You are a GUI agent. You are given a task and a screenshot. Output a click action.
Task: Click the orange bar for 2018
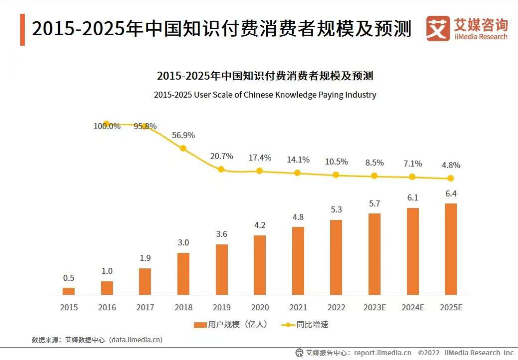[x=183, y=274]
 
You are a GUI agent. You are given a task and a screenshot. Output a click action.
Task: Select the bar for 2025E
[x=451, y=249]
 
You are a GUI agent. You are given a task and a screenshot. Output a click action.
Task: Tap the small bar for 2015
[x=69, y=291]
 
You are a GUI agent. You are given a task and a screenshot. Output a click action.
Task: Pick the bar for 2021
[x=298, y=261]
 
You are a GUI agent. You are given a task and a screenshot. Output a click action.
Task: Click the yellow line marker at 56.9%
[x=183, y=148]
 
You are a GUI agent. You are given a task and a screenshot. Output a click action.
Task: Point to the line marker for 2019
[x=221, y=169]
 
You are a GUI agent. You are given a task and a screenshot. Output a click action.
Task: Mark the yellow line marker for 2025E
[x=451, y=178]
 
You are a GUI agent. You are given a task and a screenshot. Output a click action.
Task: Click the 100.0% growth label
[x=107, y=126]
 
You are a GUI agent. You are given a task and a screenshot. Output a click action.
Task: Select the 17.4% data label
[x=260, y=158]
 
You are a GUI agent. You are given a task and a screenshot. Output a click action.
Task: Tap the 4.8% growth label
[x=451, y=165]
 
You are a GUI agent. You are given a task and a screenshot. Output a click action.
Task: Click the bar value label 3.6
[x=221, y=234]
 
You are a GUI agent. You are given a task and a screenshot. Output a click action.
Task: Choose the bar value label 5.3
[x=336, y=209]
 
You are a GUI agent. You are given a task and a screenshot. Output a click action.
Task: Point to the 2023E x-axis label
[x=374, y=308]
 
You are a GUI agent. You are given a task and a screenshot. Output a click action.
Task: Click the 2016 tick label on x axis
[x=107, y=308]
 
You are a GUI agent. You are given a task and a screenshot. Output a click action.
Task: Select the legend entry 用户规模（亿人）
[x=231, y=325]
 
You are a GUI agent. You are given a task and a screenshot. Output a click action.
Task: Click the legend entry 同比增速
[x=305, y=325]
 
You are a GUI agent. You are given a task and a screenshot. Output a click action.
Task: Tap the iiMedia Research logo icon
[x=438, y=29]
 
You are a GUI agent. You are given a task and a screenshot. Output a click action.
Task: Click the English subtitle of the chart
[x=265, y=95]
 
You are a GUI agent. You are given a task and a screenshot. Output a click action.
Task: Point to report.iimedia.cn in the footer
[x=382, y=353]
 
